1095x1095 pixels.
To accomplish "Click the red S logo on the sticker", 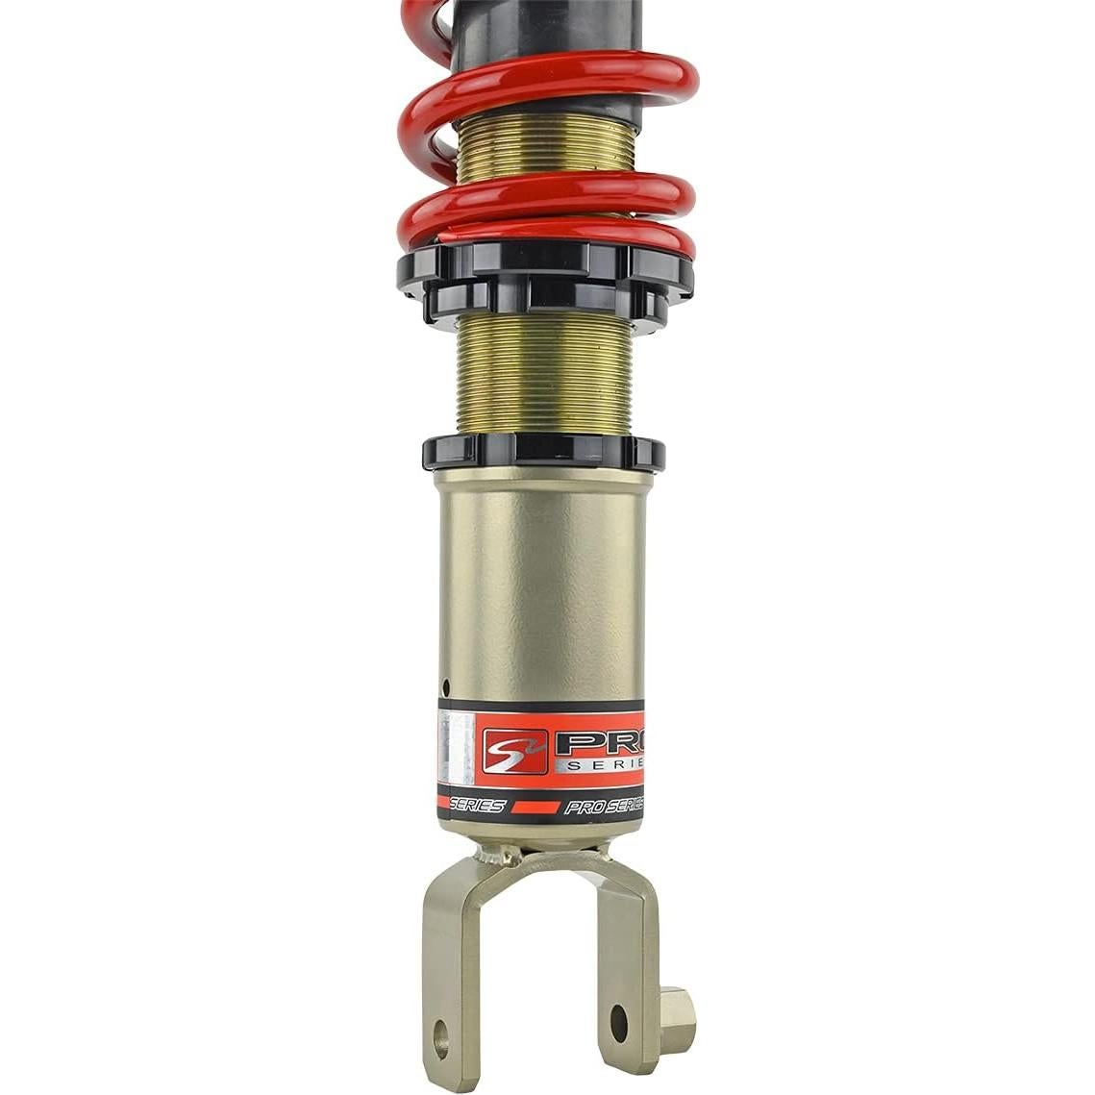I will coord(513,751).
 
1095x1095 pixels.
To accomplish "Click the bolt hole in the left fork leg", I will coord(441,1035).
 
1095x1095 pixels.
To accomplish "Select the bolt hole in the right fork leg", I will coord(618,1023).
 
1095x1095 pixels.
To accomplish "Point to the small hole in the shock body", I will coord(445,686).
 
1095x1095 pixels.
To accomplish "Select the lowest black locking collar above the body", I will coord(542,452).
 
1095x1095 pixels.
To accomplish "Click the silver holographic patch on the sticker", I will coord(456,751).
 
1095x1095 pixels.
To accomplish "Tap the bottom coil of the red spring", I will coord(544,231).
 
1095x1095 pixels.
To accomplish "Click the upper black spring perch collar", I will coord(544,268).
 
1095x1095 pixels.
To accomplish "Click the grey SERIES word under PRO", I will coord(605,764).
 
